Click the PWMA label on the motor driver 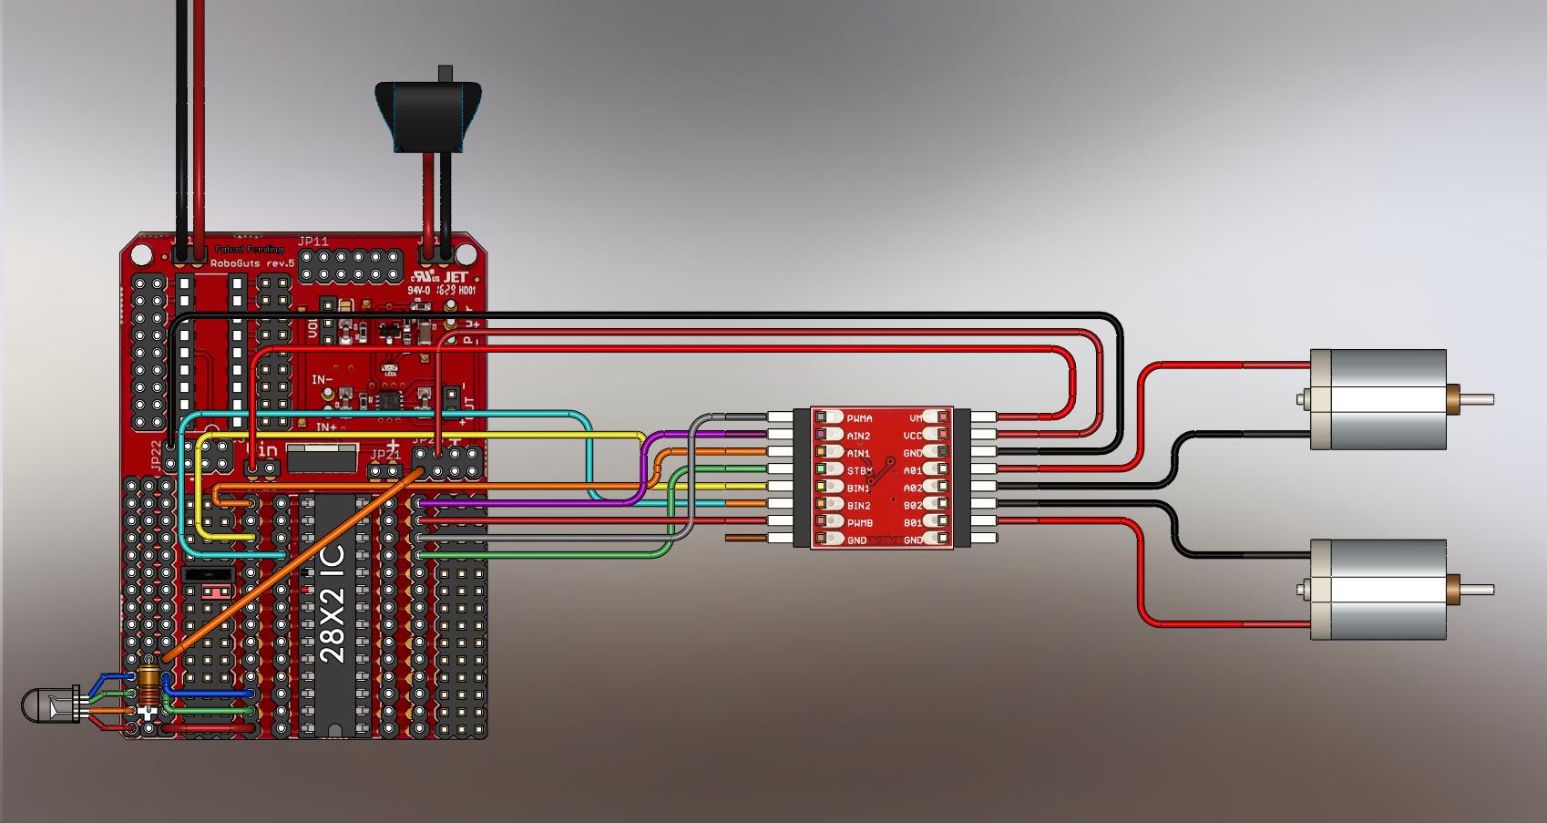coord(858,418)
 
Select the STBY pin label coord(858,471)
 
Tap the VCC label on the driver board coord(914,436)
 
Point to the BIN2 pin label coord(858,506)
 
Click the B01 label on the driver coord(913,523)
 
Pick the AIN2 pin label coord(858,437)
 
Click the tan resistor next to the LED coord(150,684)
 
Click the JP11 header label coord(312,242)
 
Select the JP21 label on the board coord(385,454)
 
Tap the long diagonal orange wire coord(292,565)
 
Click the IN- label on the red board coord(322,379)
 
